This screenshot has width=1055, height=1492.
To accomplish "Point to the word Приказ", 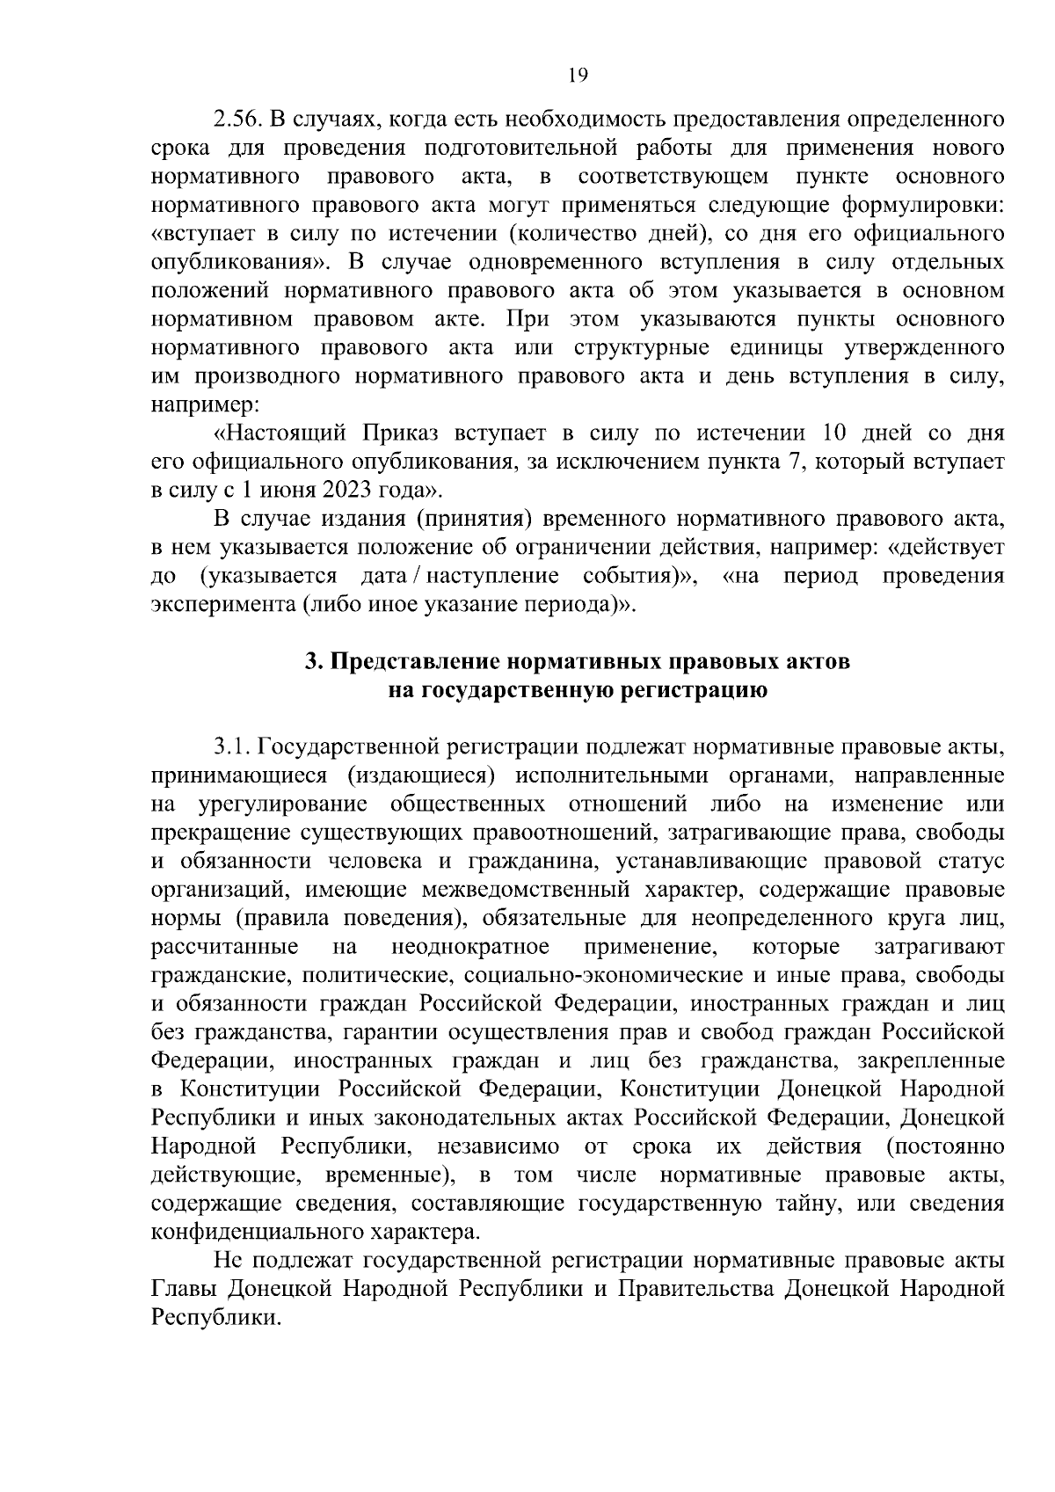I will (396, 434).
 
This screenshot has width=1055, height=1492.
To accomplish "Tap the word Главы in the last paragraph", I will (185, 1290).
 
